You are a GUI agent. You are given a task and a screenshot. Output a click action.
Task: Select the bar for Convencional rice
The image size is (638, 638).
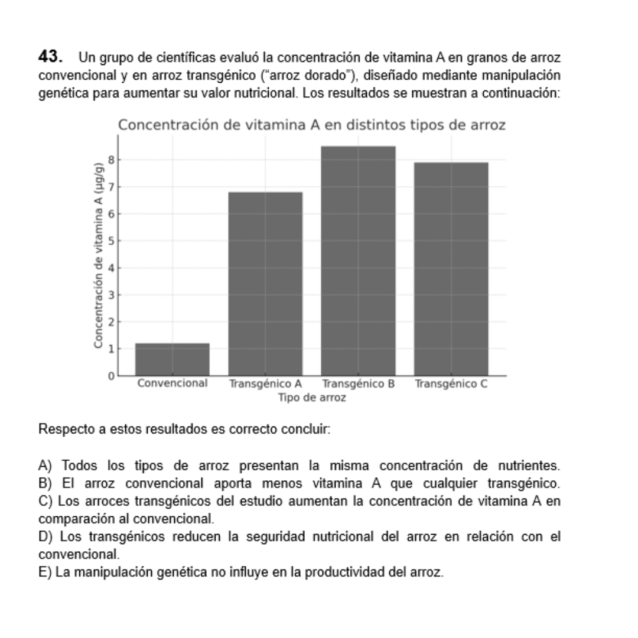click(x=172, y=359)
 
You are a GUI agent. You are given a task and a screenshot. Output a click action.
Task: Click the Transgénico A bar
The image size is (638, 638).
click(x=265, y=284)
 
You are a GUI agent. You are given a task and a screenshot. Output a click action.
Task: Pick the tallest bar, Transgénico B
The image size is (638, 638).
click(x=358, y=261)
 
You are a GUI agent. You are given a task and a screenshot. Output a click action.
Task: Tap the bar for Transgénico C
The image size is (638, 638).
click(x=451, y=269)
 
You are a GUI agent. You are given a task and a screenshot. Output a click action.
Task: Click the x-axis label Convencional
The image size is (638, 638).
click(x=172, y=383)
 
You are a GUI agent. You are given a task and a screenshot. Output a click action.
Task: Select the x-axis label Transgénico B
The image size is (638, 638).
click(x=359, y=384)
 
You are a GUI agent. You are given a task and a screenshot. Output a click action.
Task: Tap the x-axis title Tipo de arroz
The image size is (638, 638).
click(x=312, y=398)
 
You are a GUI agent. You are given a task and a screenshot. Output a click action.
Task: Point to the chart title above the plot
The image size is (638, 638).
click(x=312, y=125)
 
